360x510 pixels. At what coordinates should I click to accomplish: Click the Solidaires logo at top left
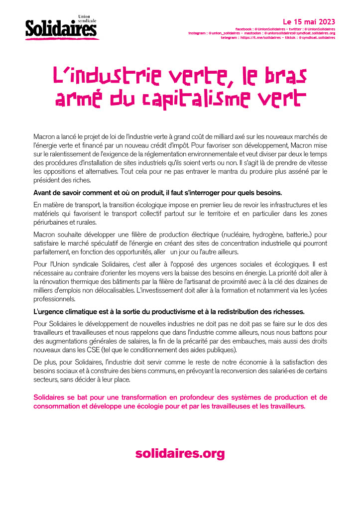(x=61, y=27)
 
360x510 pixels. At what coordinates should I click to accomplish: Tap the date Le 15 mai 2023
(x=309, y=22)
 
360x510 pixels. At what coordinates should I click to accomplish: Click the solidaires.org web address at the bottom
(x=180, y=454)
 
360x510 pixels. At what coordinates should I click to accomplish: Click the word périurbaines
(x=52, y=223)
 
